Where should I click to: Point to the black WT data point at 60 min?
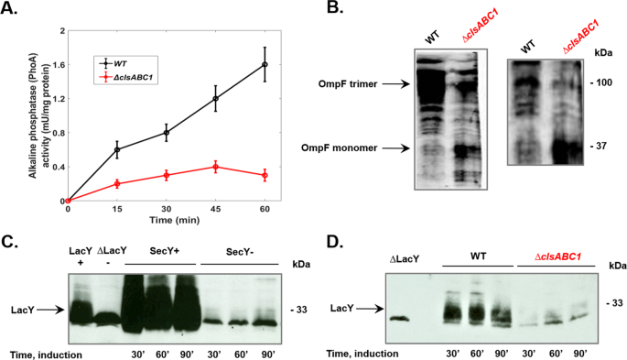click(x=265, y=64)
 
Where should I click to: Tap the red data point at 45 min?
click(x=215, y=167)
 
